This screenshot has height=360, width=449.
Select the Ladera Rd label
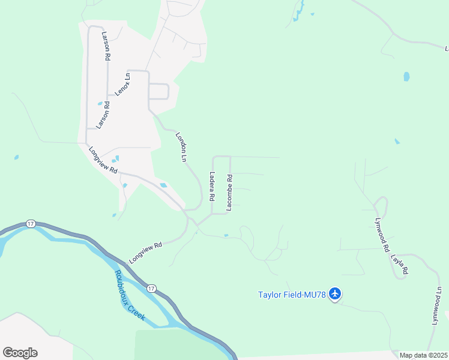[212, 186]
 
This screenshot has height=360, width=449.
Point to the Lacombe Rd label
[229, 192]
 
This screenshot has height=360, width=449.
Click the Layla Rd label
[399, 263]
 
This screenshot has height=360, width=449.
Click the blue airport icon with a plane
[335, 294]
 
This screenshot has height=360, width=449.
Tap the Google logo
[20, 353]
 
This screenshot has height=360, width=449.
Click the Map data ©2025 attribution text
[423, 355]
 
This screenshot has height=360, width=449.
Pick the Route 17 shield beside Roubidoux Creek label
[153, 289]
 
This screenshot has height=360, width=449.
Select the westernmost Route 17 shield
[31, 224]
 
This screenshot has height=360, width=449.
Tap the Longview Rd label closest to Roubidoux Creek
[146, 253]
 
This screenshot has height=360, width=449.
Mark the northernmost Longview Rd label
[103, 160]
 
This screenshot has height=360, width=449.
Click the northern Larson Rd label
[107, 46]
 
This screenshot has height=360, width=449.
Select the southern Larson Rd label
[106, 115]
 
